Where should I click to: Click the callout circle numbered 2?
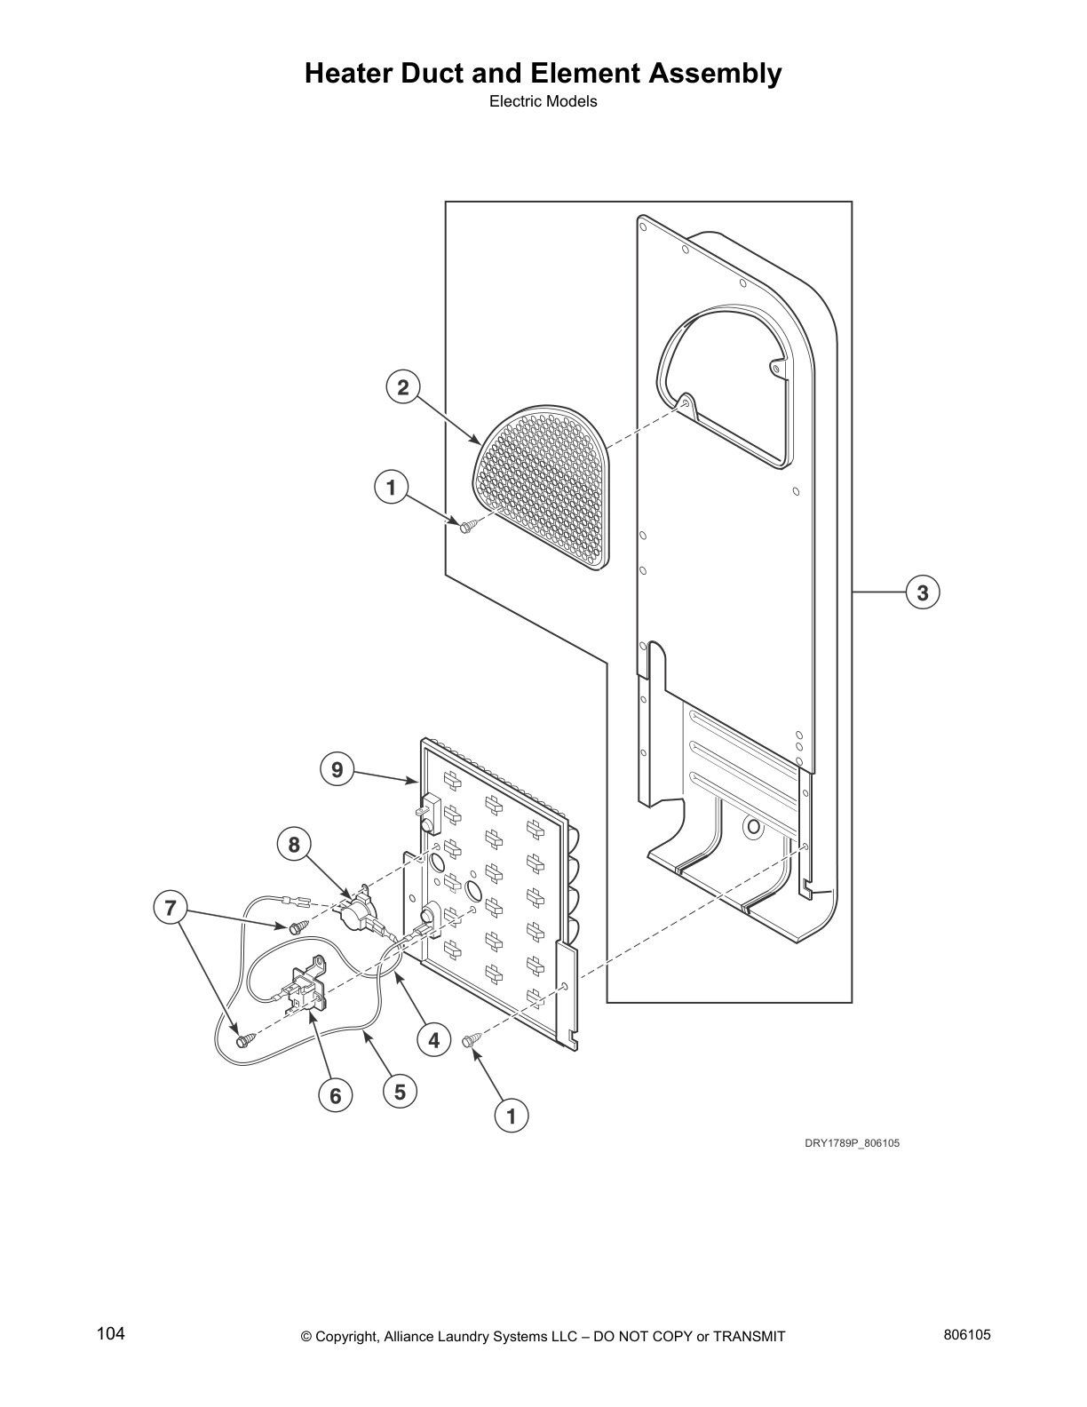coord(403,387)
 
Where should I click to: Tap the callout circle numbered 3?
coord(923,592)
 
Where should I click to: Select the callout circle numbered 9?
coord(337,769)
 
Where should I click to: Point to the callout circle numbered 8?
coord(294,844)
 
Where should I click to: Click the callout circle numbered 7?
coord(170,908)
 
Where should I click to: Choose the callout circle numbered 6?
coord(335,1096)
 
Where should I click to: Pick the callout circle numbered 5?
coord(400,1091)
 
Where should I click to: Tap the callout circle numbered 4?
coord(433,1039)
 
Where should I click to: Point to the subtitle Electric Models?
coord(543,101)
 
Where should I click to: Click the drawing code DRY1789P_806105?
coord(852,1143)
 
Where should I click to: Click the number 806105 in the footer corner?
coord(968,1334)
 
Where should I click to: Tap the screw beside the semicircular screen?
coord(467,526)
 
